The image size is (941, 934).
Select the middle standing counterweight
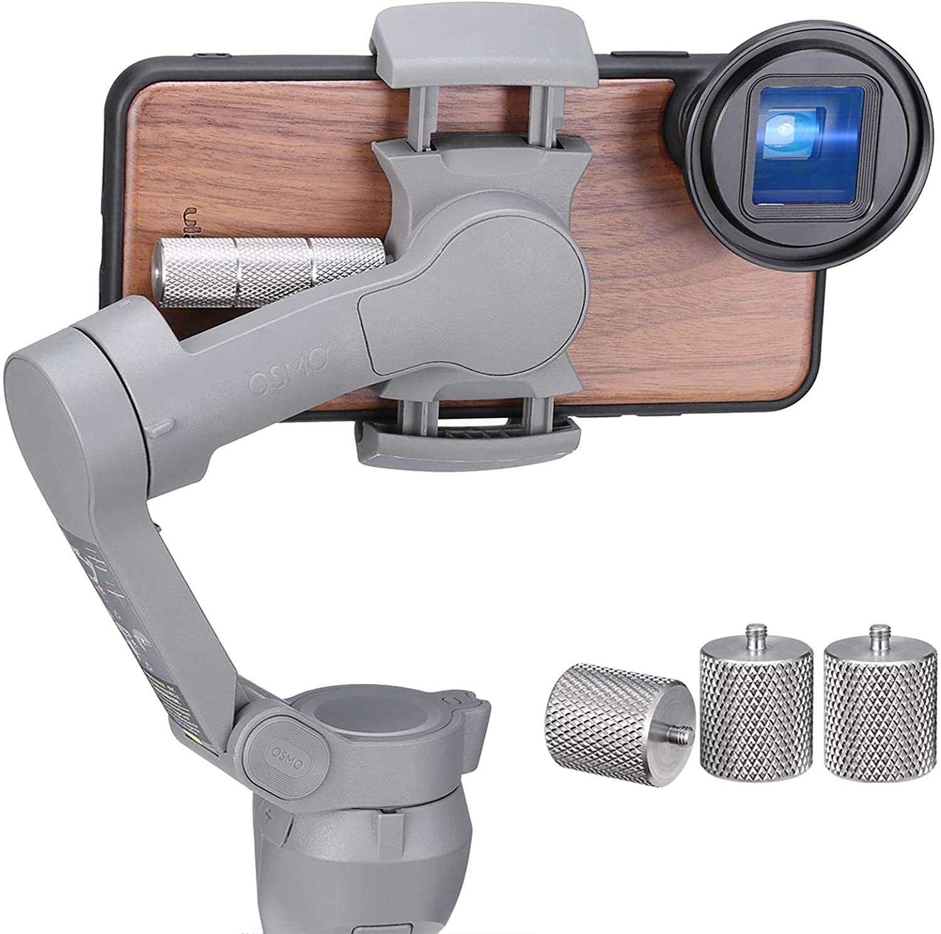point(755,715)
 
